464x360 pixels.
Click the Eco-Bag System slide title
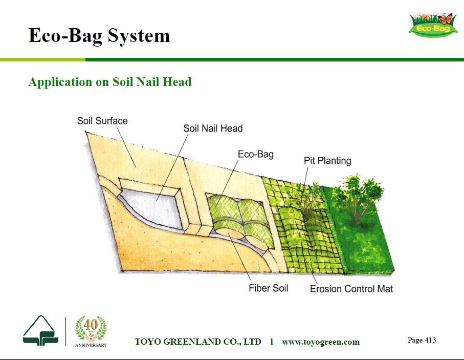pos(99,36)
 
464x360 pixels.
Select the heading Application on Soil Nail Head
pos(110,82)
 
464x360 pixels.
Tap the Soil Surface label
pos(102,121)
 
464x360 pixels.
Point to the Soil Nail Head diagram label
pos(213,129)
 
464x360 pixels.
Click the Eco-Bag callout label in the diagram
pos(256,154)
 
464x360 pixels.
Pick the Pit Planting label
pos(327,161)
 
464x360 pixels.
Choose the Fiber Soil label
pos(269,288)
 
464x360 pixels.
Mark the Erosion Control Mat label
pos(351,289)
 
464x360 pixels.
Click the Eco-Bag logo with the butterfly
pos(432,25)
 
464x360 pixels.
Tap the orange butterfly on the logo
pos(446,18)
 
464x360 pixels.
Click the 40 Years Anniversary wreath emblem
pos(91,331)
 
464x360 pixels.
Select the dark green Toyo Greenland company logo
pos(40,330)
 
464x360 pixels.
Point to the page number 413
pos(422,340)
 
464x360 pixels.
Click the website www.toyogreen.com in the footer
pos(321,342)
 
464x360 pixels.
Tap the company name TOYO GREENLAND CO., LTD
pos(198,342)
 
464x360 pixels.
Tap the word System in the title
pos(139,36)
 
